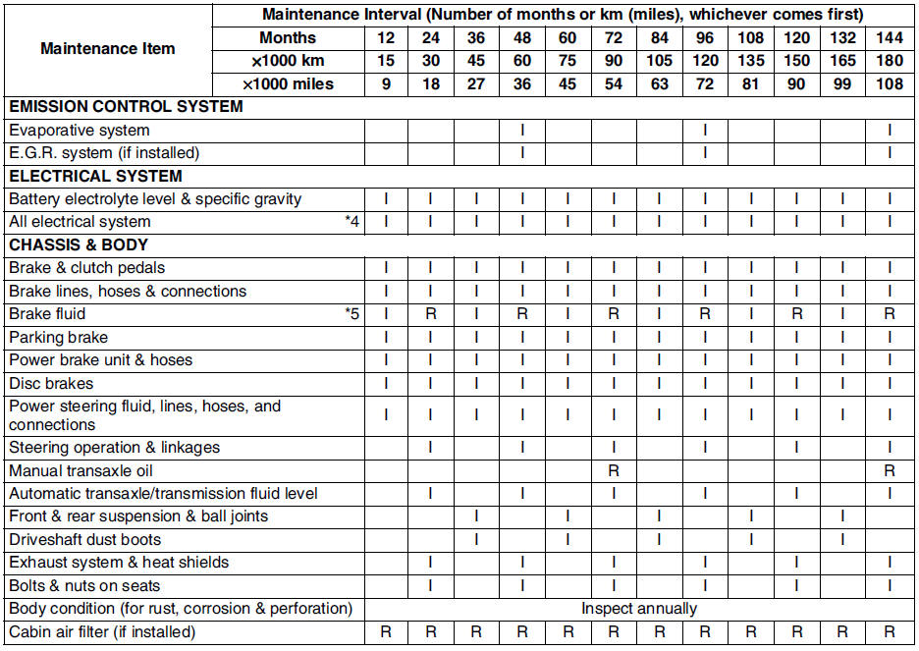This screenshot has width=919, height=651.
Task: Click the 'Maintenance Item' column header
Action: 108,49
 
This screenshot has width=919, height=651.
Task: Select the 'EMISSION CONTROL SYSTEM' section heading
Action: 126,107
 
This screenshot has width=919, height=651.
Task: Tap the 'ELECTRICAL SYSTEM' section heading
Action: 95,177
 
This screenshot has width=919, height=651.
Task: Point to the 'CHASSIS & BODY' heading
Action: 80,245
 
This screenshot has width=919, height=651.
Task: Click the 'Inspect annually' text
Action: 639,609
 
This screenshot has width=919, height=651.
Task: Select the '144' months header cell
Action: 890,38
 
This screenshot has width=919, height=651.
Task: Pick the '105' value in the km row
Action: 659,61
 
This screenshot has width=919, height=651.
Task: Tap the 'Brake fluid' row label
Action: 47,314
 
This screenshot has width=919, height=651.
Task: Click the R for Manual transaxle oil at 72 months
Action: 614,471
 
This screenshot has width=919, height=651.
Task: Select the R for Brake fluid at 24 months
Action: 431,314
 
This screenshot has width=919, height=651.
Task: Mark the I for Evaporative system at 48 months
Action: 522,131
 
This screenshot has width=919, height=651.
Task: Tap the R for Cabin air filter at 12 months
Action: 386,632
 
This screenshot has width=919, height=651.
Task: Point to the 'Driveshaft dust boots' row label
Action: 85,540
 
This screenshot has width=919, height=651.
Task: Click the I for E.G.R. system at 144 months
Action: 890,153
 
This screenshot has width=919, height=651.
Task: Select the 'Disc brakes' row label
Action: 52,383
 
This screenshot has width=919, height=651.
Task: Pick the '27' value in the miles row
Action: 476,84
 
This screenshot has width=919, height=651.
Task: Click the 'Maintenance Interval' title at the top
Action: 563,15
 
